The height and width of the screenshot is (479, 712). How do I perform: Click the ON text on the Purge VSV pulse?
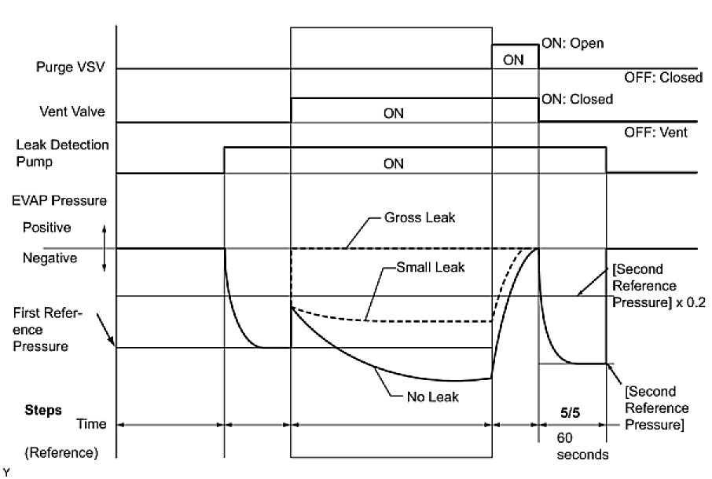[513, 60]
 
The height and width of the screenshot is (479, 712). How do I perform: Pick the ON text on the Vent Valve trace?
[393, 113]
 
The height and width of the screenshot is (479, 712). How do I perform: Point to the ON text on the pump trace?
[393, 164]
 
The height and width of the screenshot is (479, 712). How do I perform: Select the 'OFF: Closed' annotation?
[662, 78]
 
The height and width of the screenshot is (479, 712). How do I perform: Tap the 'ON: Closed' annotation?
[577, 100]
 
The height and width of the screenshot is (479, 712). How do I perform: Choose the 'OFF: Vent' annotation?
[655, 133]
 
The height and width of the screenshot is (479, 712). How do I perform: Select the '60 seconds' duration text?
[576, 447]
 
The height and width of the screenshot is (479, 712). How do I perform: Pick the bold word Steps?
[42, 409]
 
